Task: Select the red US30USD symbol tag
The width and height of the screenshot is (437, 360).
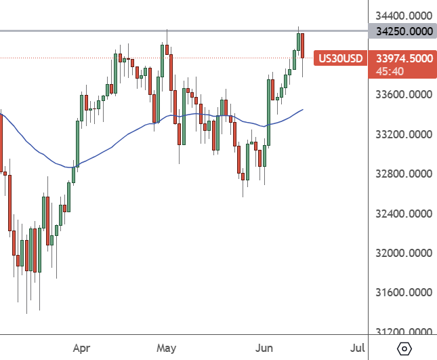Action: tap(341, 58)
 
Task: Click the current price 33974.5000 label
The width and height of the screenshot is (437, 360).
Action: tap(403, 58)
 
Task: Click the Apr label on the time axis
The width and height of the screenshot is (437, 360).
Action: tap(82, 348)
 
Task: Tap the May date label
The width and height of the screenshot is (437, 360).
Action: tap(167, 348)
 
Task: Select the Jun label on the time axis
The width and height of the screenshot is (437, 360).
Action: tap(263, 348)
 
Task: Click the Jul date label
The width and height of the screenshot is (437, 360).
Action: tap(357, 348)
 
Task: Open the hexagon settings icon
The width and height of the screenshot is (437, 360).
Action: tap(404, 348)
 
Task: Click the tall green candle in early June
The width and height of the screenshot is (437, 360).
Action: tap(270, 112)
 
